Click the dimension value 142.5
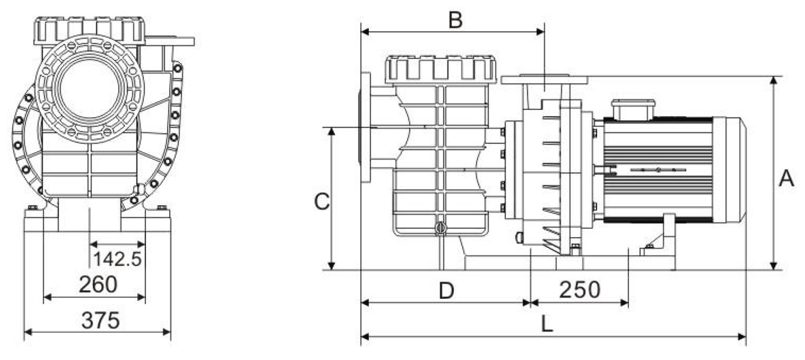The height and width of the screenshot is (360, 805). pos(117,259)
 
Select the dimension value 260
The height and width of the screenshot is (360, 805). pos(98,285)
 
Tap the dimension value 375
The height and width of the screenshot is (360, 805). pos(101,321)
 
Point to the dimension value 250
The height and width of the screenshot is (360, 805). pos(579,290)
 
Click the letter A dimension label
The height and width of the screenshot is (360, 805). pos(787,178)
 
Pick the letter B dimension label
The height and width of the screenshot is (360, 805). pos(455,20)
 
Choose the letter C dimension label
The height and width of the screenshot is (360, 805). pos(322,202)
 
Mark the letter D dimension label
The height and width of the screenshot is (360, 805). pos(446,291)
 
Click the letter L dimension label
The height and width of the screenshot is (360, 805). pos(548,324)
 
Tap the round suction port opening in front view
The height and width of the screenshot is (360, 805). pos(89,88)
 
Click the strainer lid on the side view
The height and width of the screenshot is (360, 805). pos(440,69)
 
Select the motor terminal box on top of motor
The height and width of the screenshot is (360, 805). pos(633,109)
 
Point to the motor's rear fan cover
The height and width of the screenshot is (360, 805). pos(730,170)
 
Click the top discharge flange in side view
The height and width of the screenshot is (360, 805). pos(544,79)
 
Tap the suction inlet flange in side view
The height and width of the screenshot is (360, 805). pos(365,128)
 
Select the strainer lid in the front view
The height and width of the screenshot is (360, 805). pos(89,31)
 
